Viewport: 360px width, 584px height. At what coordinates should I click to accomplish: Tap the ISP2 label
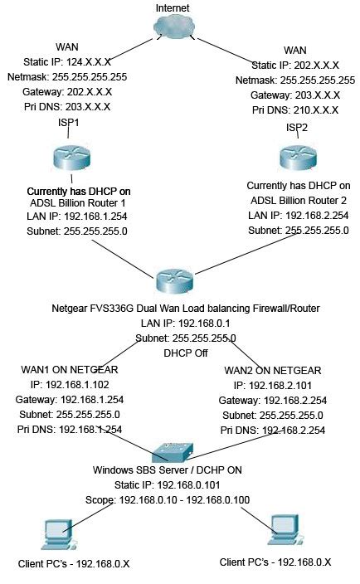pos(299,127)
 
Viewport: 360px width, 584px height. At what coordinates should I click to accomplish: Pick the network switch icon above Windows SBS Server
pos(174,451)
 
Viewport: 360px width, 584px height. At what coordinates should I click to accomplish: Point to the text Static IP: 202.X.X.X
pos(294,66)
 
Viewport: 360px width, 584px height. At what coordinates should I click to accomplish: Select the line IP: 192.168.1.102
pos(71,385)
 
